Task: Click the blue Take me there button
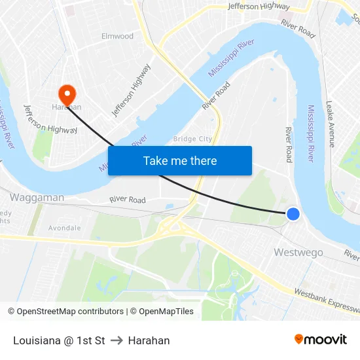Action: click(180, 160)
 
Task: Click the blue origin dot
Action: click(293, 213)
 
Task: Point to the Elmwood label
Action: click(117, 37)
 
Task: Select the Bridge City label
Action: click(192, 139)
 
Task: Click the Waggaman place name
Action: click(37, 197)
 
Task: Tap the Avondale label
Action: click(64, 228)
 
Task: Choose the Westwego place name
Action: click(298, 252)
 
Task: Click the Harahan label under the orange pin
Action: click(67, 107)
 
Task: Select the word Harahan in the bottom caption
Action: click(149, 340)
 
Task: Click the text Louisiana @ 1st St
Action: click(59, 340)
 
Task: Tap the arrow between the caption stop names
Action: click(117, 340)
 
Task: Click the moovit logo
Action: click(321, 339)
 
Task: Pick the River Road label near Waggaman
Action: click(127, 200)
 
